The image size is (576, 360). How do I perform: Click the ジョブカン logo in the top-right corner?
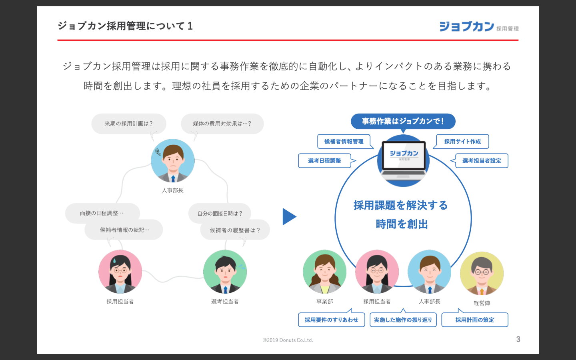pyautogui.click(x=478, y=26)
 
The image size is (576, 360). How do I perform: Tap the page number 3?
pyautogui.click(x=518, y=339)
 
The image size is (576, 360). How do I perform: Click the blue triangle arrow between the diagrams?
pyautogui.click(x=289, y=217)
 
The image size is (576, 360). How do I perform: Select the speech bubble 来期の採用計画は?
pyautogui.click(x=128, y=124)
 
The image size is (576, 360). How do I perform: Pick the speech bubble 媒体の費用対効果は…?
pyautogui.click(x=222, y=124)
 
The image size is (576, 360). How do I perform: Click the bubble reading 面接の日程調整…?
pyautogui.click(x=102, y=213)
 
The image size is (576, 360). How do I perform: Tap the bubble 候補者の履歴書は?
pyautogui.click(x=235, y=230)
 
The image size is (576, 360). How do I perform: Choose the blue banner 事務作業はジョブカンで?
pyautogui.click(x=403, y=121)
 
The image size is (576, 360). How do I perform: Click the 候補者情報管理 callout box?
pyautogui.click(x=344, y=142)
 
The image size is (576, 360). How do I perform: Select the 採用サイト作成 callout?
pyautogui.click(x=462, y=142)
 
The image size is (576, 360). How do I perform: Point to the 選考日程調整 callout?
pyautogui.click(x=324, y=161)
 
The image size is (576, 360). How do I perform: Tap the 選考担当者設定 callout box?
pyautogui.click(x=482, y=161)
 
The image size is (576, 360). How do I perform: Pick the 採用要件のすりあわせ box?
pyautogui.click(x=331, y=320)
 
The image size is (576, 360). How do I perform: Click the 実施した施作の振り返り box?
pyautogui.click(x=403, y=320)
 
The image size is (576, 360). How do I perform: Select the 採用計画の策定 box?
pyautogui.click(x=474, y=320)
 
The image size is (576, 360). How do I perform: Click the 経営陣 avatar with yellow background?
pyautogui.click(x=482, y=274)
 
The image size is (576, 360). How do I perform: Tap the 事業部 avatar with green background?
pyautogui.click(x=324, y=272)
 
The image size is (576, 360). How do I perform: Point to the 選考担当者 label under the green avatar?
pyautogui.click(x=225, y=302)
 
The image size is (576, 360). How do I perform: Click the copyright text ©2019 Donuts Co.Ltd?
pyautogui.click(x=288, y=340)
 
